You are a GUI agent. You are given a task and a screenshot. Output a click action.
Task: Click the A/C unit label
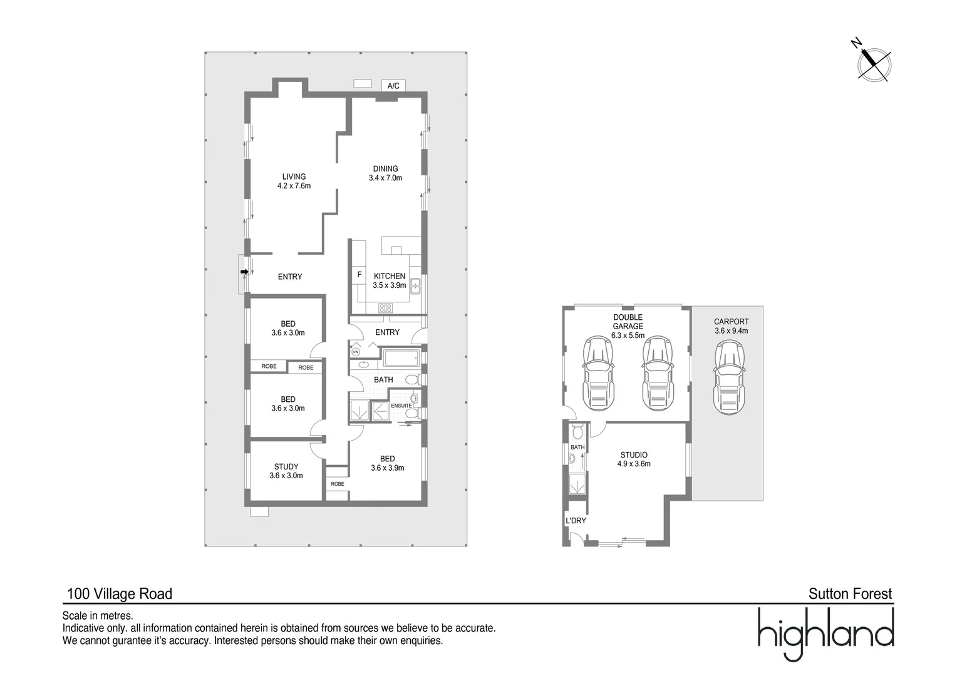pyautogui.click(x=393, y=86)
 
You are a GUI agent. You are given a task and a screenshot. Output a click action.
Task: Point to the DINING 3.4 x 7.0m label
pyautogui.click(x=385, y=173)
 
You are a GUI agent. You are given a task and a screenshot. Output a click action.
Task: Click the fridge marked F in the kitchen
pyautogui.click(x=360, y=275)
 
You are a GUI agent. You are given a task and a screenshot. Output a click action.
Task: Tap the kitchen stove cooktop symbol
pyautogui.click(x=385, y=308)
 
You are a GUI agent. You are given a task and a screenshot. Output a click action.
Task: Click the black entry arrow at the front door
pyautogui.click(x=244, y=272)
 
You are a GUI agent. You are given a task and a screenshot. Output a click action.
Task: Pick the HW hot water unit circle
pyautogui.click(x=356, y=352)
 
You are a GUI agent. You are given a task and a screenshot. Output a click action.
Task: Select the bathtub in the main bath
pyautogui.click(x=401, y=358)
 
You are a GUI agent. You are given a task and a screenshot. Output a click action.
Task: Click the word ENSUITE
pyautogui.click(x=401, y=406)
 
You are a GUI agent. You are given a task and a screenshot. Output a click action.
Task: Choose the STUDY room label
pyautogui.click(x=286, y=471)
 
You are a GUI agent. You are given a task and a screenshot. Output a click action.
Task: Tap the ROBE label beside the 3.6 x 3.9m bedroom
pyautogui.click(x=337, y=484)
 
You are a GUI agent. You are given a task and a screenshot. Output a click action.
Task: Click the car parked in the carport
pyautogui.click(x=729, y=377)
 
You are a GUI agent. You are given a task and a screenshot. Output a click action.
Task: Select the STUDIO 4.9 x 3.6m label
pyautogui.click(x=634, y=459)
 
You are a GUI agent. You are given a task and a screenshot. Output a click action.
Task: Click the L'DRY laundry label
pyautogui.click(x=576, y=521)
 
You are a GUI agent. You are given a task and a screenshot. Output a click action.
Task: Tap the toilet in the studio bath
pyautogui.click(x=577, y=432)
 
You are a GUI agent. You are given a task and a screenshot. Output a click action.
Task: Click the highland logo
pyautogui.click(x=825, y=633)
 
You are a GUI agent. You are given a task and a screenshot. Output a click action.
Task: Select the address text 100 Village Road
pyautogui.click(x=120, y=593)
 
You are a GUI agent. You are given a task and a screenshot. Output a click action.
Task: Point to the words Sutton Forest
pyautogui.click(x=850, y=593)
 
